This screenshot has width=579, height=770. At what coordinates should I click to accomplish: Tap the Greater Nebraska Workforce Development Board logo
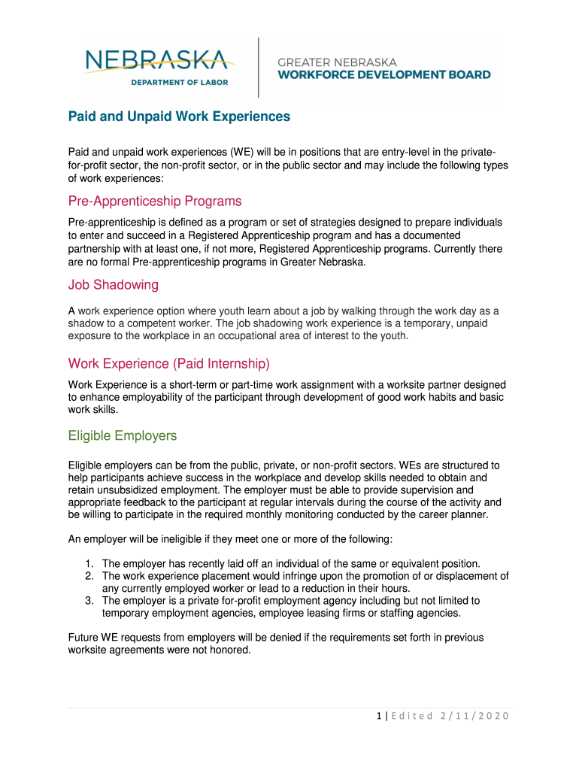coord(384,68)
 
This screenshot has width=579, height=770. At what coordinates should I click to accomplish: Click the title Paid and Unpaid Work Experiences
coord(179,117)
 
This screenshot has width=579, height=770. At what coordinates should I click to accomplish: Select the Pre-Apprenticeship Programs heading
coord(155,202)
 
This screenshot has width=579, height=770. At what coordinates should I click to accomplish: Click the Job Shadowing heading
coord(113,285)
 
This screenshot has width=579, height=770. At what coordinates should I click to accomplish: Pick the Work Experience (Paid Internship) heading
coord(168,364)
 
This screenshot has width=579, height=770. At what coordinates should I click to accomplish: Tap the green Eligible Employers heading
coord(123,436)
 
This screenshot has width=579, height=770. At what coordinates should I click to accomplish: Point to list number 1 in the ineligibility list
coord(88,564)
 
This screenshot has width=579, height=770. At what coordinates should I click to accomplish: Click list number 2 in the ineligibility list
coord(88,577)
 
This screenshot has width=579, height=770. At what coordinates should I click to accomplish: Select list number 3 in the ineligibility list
coord(88,601)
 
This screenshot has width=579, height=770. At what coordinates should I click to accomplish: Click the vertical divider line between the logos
coord(259,68)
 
